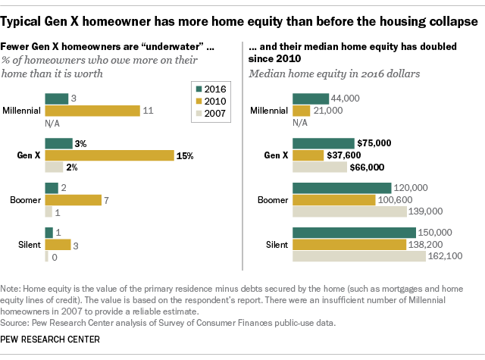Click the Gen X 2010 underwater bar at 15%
click(x=109, y=155)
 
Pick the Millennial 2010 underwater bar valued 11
click(x=92, y=111)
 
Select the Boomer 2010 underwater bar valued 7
click(x=74, y=200)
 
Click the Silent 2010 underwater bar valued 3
click(x=58, y=245)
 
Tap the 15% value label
click(x=186, y=155)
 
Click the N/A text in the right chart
click(x=301, y=122)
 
